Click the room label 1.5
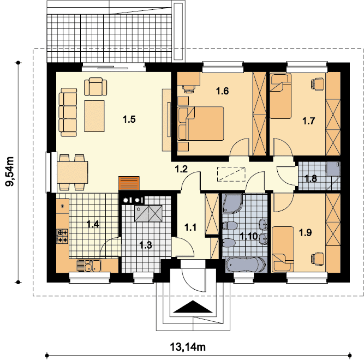[x=129, y=119]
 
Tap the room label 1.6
[x=223, y=91]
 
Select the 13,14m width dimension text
[x=188, y=347]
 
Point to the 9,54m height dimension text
[x=9, y=171]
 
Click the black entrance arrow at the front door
[x=193, y=307]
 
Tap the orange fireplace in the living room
[x=129, y=183]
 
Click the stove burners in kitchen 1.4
[x=62, y=236]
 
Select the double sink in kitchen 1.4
[x=88, y=266]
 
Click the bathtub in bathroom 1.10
[x=246, y=265]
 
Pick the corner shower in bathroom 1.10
[x=232, y=203]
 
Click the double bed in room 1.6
[x=200, y=123]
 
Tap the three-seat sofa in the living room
[x=68, y=112]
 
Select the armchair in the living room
[x=96, y=87]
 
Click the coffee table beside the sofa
[x=94, y=116]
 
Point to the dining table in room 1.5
[x=73, y=172]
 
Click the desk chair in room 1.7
[x=317, y=83]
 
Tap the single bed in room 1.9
[x=283, y=249]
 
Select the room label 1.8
[x=311, y=178]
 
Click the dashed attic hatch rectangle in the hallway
[x=231, y=174]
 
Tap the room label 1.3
[x=146, y=245]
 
